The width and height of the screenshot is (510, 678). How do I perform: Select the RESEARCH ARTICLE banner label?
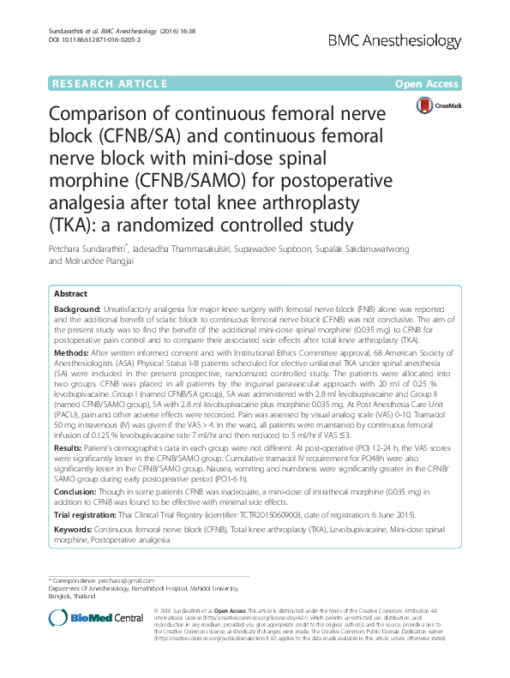[x=110, y=83]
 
